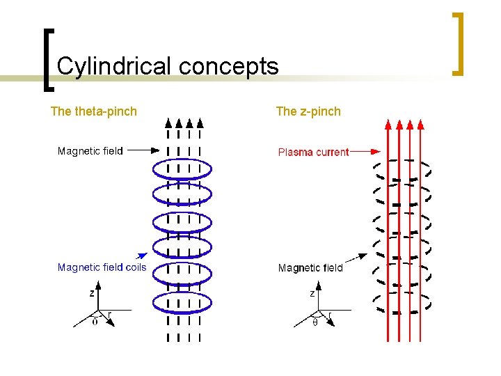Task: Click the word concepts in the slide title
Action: [228, 67]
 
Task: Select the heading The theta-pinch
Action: [94, 111]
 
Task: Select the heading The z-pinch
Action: [308, 111]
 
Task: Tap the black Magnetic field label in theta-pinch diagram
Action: [90, 151]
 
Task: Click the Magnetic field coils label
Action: [102, 267]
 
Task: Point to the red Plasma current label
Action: [313, 152]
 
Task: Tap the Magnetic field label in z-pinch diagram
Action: [310, 268]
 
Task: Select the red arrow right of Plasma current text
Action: [365, 150]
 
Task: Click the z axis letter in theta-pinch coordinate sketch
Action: [92, 294]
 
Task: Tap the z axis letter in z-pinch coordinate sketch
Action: [312, 294]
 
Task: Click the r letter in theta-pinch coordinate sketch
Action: [109, 314]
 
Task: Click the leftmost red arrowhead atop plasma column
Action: [388, 125]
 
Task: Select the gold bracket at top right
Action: [459, 43]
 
